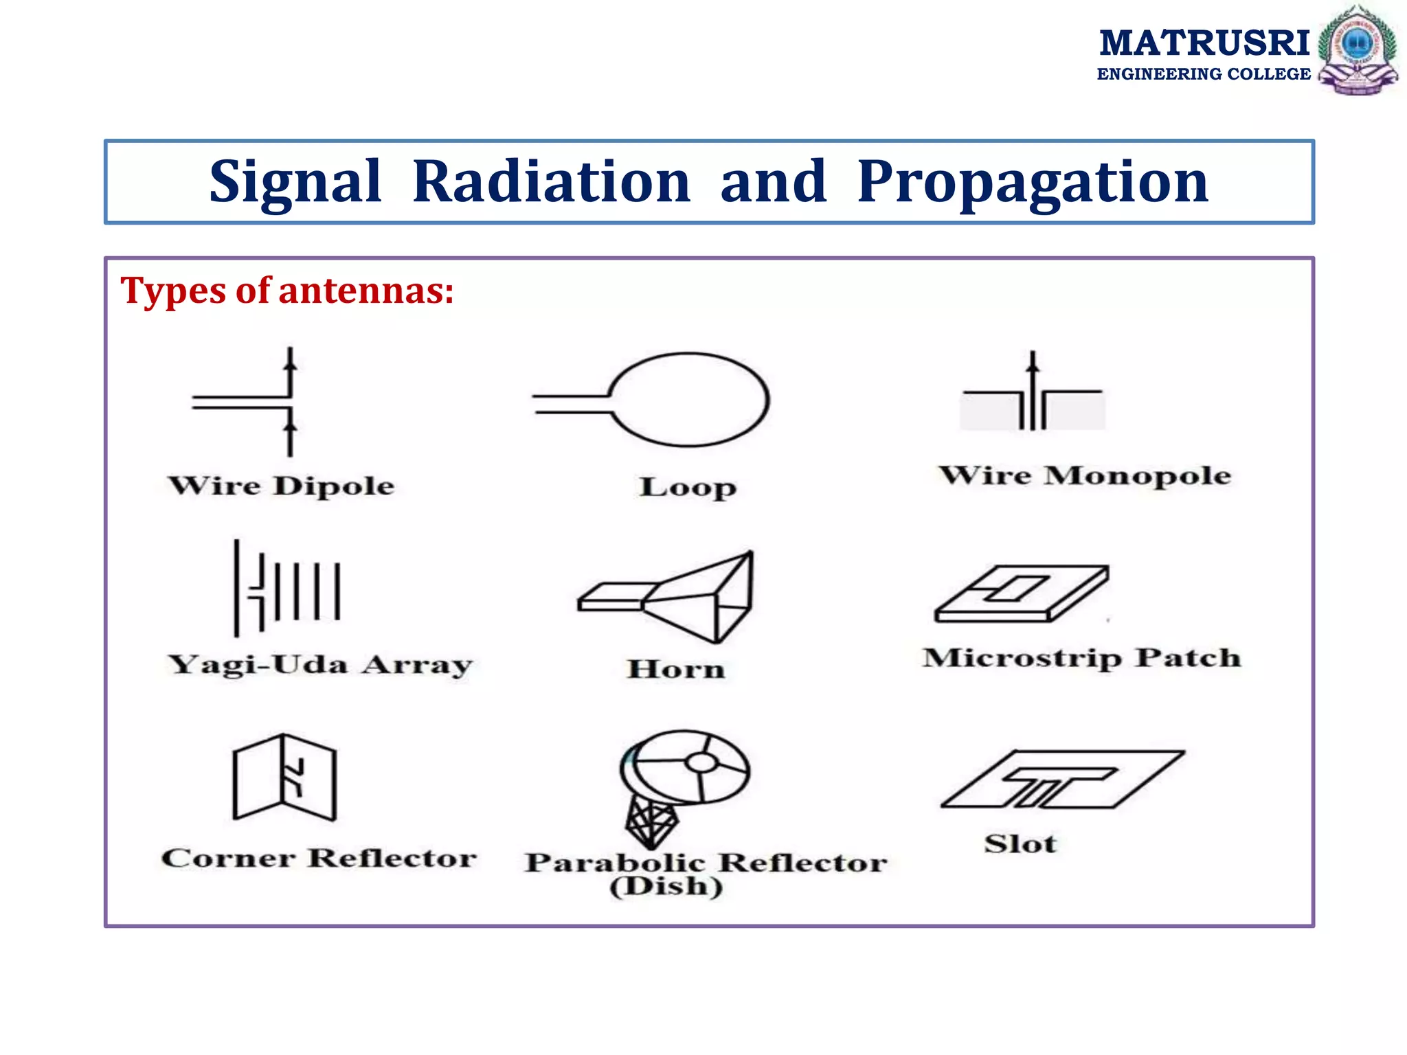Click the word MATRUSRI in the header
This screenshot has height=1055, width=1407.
[x=1204, y=43]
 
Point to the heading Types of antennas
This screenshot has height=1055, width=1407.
[x=287, y=290]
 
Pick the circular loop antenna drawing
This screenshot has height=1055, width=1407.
[x=687, y=400]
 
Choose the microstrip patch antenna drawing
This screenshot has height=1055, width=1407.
[x=1022, y=595]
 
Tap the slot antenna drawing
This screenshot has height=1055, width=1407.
[x=1062, y=780]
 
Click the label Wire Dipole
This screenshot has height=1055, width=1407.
[x=282, y=486]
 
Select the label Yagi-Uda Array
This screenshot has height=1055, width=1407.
[x=320, y=665]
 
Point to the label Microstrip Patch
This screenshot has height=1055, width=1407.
[x=1082, y=658]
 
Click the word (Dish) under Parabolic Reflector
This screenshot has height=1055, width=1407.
[x=666, y=886]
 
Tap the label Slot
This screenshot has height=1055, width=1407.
[x=1020, y=843]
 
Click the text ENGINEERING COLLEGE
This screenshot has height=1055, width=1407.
[x=1204, y=74]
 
